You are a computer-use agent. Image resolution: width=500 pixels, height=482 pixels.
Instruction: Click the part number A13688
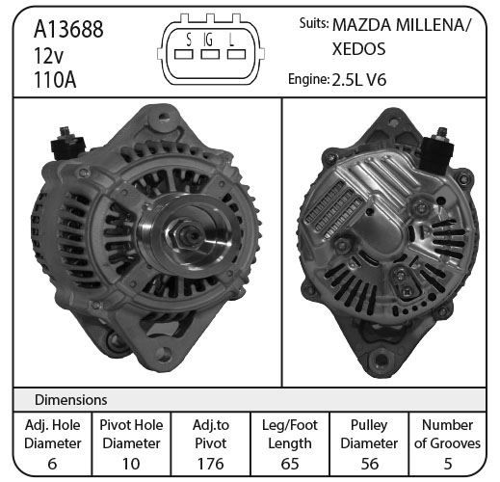pos(68,29)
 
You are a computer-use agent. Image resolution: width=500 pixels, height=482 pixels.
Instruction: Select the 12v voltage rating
pos(48,55)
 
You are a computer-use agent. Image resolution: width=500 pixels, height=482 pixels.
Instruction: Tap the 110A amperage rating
pos(55,80)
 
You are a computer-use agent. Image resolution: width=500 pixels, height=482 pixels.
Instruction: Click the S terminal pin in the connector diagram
pos(184,54)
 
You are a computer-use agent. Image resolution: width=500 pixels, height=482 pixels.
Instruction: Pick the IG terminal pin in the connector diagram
pos(210,54)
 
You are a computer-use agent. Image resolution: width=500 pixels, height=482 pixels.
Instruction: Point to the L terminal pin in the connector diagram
pos(236,54)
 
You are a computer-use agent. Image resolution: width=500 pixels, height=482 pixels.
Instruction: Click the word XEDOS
pos(358,49)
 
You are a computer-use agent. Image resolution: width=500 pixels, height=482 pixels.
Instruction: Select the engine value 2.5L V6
pos(358,80)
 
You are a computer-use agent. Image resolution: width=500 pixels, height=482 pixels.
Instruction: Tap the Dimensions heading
pos(70,400)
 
